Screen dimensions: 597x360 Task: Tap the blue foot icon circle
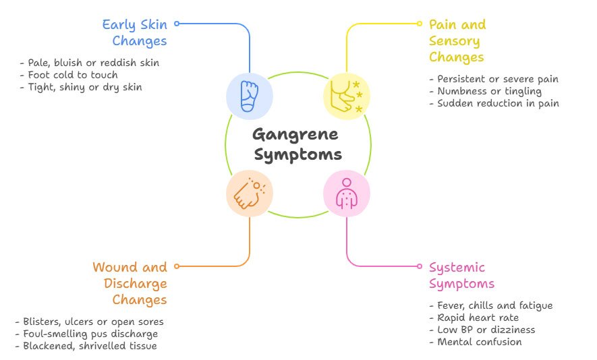click(x=250, y=96)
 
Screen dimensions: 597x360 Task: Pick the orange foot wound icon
click(x=250, y=193)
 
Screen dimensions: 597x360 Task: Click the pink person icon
click(x=347, y=193)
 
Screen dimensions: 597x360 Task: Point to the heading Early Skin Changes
click(x=135, y=33)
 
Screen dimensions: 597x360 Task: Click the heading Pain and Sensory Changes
click(x=457, y=40)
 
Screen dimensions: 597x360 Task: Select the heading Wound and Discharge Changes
click(x=130, y=284)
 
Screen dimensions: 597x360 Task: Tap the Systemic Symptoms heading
click(x=461, y=276)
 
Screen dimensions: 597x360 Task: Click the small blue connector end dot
click(x=177, y=24)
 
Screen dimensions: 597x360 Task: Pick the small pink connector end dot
click(x=420, y=266)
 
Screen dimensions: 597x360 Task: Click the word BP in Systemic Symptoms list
click(x=465, y=330)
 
